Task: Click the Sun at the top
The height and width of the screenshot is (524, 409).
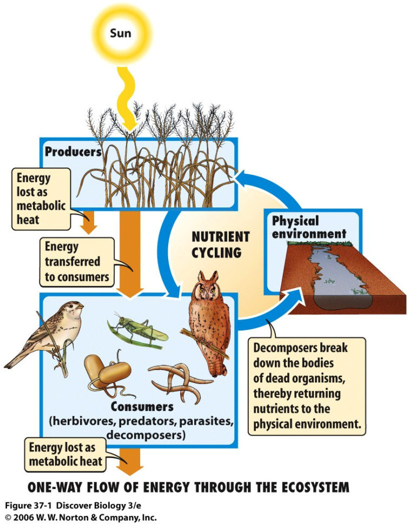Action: (120, 33)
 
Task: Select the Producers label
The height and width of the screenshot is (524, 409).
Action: (73, 152)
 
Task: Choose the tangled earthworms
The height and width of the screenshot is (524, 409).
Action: (173, 381)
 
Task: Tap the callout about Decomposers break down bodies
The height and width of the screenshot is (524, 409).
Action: (307, 386)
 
